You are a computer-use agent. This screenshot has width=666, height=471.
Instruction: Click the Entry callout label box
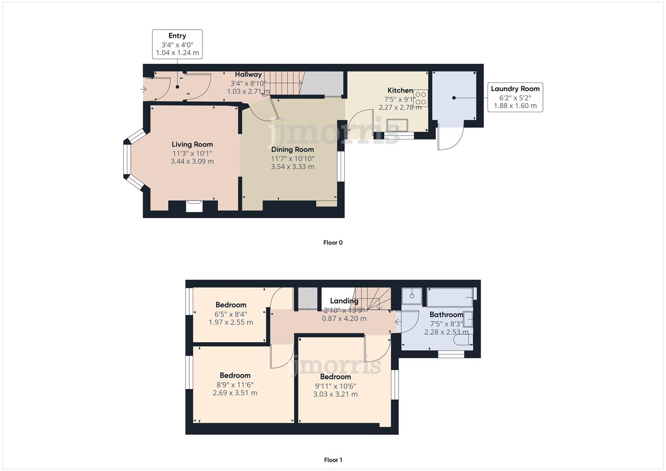click(177, 44)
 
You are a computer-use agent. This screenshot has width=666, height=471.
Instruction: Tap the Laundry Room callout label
click(515, 97)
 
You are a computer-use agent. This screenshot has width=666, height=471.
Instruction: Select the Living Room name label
click(192, 144)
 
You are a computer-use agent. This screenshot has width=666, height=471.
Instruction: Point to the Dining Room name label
click(293, 149)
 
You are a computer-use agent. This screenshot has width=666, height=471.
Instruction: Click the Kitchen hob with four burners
click(421, 98)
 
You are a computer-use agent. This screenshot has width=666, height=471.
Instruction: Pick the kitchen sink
click(397, 125)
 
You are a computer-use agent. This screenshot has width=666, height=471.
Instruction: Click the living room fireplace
click(194, 206)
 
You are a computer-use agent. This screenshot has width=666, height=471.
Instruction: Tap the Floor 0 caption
click(333, 242)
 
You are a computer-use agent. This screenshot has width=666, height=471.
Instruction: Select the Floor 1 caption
click(333, 460)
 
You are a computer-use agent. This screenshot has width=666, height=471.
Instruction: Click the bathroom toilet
click(463, 340)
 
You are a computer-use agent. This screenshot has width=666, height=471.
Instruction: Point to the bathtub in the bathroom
click(450, 297)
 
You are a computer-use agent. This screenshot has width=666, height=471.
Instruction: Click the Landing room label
click(344, 301)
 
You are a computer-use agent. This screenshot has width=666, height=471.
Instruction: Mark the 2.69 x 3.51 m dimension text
click(235, 393)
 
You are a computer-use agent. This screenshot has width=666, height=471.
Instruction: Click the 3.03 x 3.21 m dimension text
click(335, 394)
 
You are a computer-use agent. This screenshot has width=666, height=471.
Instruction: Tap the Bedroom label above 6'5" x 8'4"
click(231, 305)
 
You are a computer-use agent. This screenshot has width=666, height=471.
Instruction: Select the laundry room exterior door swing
click(451, 139)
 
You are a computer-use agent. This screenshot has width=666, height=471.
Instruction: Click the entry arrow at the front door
click(143, 89)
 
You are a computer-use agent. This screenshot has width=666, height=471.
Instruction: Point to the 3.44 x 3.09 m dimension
click(192, 161)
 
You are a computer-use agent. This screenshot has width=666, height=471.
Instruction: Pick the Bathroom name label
click(446, 314)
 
